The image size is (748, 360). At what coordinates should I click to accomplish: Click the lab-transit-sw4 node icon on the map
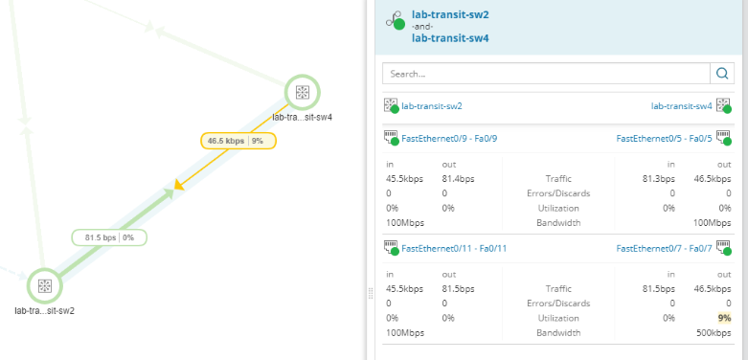click(x=302, y=92)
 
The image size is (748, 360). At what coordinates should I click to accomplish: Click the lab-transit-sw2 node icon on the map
click(x=45, y=285)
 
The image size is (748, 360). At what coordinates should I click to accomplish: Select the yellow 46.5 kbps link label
click(x=238, y=141)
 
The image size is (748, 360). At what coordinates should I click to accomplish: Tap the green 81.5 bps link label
click(x=109, y=237)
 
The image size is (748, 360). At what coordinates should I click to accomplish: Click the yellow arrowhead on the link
click(x=179, y=185)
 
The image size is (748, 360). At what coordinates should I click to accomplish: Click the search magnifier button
click(x=722, y=74)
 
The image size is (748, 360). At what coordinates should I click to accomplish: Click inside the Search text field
click(x=546, y=74)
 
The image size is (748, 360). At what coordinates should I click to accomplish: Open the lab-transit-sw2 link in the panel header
click(x=450, y=14)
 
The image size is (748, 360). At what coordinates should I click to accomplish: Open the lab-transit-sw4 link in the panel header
click(x=450, y=37)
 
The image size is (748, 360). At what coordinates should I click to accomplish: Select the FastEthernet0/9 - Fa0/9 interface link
click(x=449, y=139)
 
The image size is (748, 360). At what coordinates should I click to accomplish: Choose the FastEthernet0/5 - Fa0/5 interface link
click(x=664, y=139)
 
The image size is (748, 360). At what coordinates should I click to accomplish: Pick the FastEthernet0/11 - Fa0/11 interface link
click(x=454, y=248)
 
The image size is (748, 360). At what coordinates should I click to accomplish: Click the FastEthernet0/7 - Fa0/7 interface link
click(x=664, y=248)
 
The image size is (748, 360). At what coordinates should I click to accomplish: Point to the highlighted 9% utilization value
click(x=724, y=318)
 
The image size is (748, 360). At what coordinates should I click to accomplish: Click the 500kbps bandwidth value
click(x=714, y=333)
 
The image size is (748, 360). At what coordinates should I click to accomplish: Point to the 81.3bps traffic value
click(x=658, y=179)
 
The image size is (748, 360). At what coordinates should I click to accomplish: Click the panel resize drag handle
click(x=371, y=294)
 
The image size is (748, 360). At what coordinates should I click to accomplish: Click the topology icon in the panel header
click(x=396, y=20)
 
